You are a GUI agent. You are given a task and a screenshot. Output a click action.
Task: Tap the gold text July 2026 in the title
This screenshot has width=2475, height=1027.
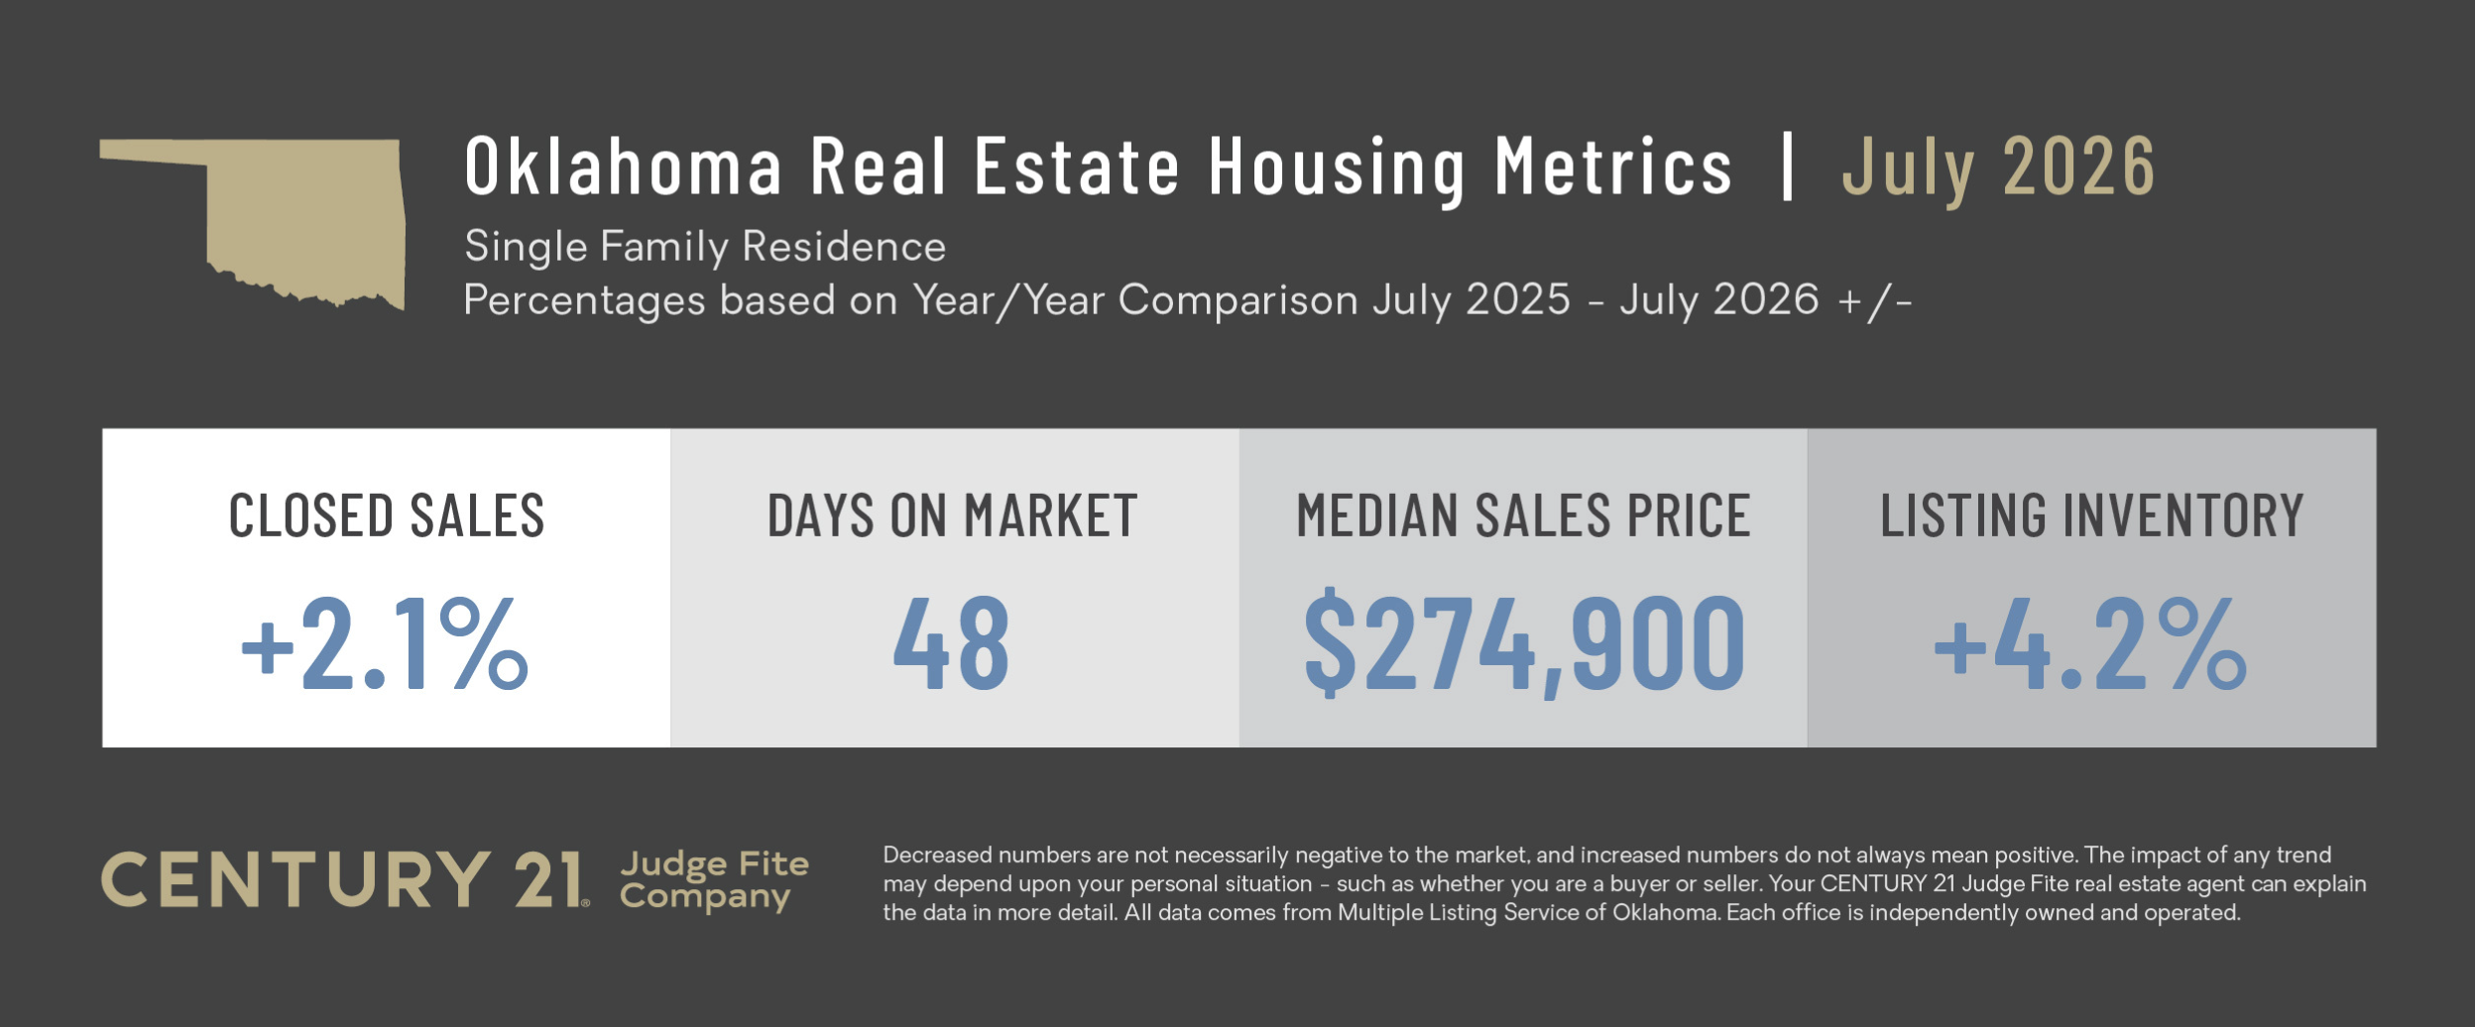click(1998, 170)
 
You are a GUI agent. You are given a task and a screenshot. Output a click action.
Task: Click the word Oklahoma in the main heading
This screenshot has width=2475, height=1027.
click(624, 166)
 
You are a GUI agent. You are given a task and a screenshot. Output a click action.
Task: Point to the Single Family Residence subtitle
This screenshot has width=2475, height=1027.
click(705, 246)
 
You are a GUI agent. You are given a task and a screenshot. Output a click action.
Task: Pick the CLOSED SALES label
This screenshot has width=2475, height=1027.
click(387, 515)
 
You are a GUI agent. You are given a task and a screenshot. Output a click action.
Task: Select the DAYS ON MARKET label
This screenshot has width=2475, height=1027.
click(952, 515)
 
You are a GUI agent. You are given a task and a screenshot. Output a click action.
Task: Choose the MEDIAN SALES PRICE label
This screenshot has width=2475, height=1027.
click(1523, 515)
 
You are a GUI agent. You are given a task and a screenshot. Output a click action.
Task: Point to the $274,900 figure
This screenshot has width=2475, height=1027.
click(1524, 644)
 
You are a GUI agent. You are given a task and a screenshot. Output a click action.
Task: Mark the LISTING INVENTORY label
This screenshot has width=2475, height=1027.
click(2092, 515)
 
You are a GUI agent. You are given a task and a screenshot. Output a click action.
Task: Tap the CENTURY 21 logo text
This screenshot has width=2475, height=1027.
click(345, 879)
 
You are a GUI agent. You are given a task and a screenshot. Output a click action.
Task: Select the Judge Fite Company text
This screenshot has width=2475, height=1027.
click(714, 880)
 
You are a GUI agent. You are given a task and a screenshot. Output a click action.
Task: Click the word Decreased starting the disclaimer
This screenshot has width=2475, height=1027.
click(938, 855)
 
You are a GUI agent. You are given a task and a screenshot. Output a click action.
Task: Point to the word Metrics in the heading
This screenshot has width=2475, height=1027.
click(1613, 166)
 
